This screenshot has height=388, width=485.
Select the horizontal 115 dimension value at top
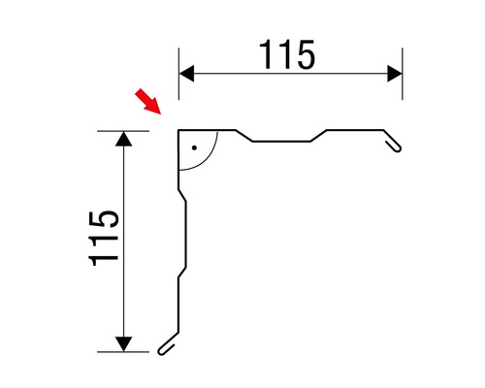[288, 55]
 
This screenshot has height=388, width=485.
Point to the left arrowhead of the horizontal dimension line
[186, 73]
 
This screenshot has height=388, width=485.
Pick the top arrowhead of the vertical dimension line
[123, 138]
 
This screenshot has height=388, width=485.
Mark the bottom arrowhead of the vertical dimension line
[123, 342]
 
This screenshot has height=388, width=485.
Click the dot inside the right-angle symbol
[194, 147]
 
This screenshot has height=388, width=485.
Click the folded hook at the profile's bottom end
[168, 343]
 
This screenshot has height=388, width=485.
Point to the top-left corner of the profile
[178, 131]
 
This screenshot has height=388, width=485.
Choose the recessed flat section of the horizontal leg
[281, 142]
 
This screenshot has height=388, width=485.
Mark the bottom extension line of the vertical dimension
[126, 351]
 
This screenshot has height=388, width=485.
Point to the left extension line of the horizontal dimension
[178, 78]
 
